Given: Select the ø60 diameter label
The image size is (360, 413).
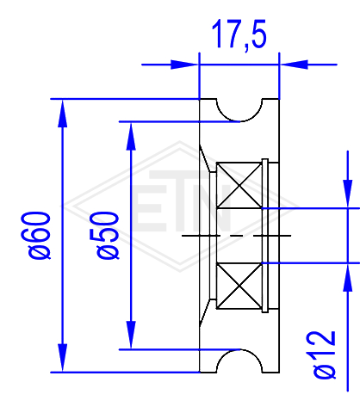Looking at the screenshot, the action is point(36,235).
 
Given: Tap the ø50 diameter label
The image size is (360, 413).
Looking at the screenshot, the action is point(104,235).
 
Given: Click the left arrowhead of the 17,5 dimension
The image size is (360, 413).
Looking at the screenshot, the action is point(184,65).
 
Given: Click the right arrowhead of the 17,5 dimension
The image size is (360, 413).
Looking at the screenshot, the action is point(294,65).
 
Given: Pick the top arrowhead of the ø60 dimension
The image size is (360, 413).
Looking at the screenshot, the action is point(62,113).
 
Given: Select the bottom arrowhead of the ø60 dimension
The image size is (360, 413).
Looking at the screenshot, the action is point(62,358).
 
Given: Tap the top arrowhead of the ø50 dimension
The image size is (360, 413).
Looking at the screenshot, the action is point(131,136).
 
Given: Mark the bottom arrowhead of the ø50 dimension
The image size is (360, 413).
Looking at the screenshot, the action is point(131,335).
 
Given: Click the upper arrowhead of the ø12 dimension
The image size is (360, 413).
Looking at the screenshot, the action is point(348,194).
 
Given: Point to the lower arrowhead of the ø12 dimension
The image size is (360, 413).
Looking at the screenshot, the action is point(348,277).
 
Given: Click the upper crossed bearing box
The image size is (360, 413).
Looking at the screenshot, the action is point(239,185).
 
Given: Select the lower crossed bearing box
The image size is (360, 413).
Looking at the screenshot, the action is point(239,286).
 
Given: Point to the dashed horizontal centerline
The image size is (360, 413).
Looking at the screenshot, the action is point(236,236).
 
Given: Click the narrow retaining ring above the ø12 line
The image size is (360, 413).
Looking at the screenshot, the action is point(265,183).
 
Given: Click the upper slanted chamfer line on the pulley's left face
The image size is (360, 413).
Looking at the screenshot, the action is point(205,158).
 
